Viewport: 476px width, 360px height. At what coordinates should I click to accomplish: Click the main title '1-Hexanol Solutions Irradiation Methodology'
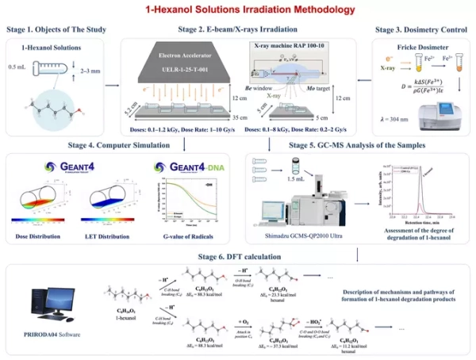[x=238, y=10]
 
